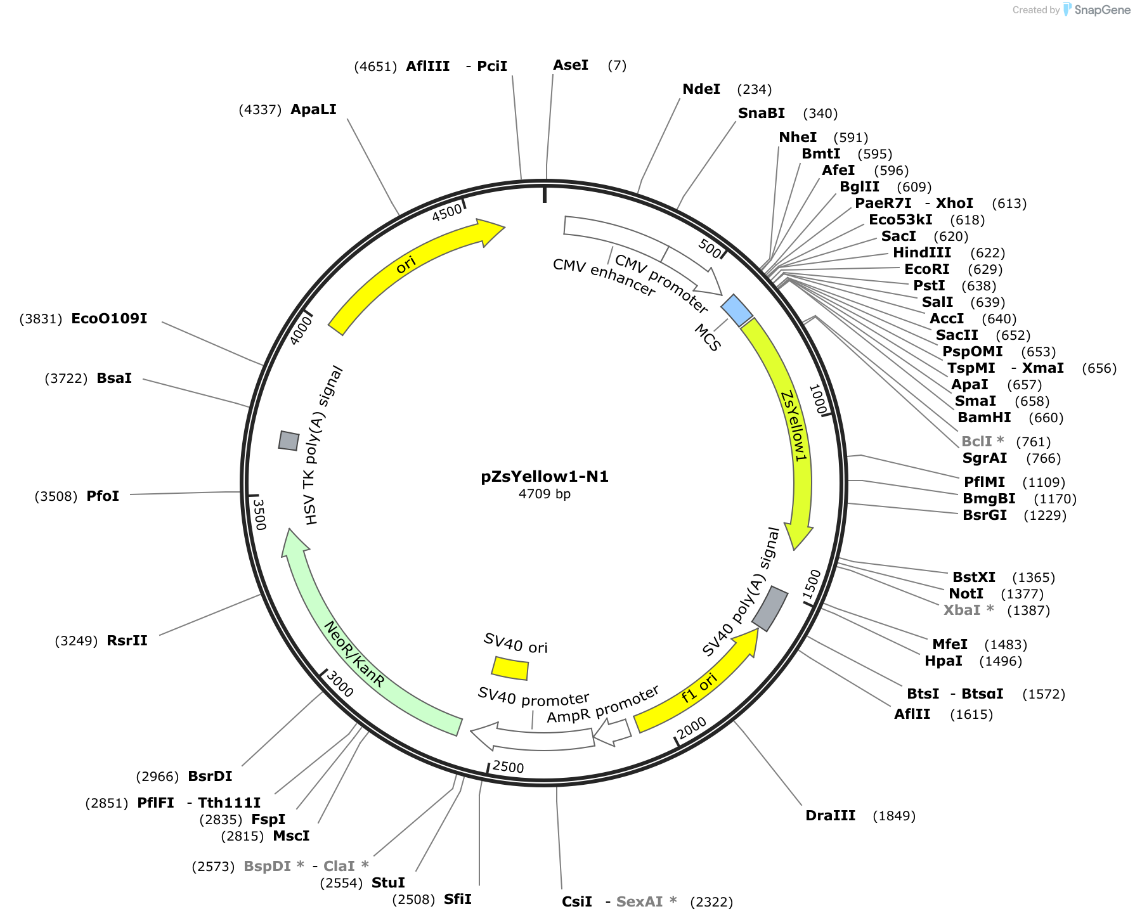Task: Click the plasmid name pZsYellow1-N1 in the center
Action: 545,477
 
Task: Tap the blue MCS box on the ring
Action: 737,311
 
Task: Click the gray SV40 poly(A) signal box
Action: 770,609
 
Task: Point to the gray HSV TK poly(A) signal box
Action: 289,441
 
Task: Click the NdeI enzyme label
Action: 701,89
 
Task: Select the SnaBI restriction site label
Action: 762,113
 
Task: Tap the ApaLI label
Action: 313,110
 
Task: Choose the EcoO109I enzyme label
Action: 109,319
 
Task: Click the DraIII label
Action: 830,816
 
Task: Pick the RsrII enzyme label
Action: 127,641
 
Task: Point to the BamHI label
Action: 984,418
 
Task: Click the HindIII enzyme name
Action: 922,253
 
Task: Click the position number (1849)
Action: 894,816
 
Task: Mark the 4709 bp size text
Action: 545,494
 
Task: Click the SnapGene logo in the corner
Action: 1097,10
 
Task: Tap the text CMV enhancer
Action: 604,278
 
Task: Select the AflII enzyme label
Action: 912,714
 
